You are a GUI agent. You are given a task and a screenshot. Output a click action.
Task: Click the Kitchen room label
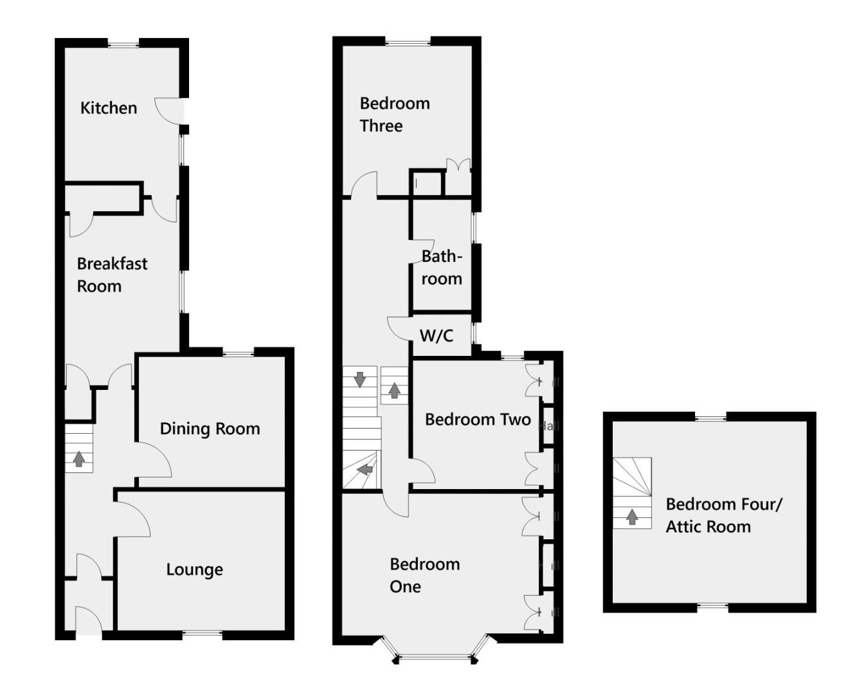click(108, 107)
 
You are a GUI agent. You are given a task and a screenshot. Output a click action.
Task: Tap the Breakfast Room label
click(112, 274)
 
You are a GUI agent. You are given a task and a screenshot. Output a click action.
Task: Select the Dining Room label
click(210, 429)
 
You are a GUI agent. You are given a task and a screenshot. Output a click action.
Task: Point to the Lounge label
click(194, 570)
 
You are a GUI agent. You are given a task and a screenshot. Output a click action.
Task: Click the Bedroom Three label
click(394, 114)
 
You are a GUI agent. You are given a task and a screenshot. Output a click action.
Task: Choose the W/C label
click(436, 335)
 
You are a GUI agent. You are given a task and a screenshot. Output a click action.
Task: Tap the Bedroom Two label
click(478, 420)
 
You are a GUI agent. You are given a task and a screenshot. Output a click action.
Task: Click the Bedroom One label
click(424, 575)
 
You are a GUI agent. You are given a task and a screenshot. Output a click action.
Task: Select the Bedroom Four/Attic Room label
click(723, 515)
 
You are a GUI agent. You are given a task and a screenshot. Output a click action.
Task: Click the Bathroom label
click(442, 267)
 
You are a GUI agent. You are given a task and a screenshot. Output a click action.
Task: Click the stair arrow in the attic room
click(632, 516)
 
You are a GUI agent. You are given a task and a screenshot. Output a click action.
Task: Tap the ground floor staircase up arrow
click(78, 459)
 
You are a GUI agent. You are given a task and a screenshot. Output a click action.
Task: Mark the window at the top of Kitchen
click(123, 44)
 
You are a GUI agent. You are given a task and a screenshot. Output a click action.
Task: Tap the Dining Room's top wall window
click(238, 352)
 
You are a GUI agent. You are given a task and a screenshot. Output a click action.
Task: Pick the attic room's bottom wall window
click(712, 606)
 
